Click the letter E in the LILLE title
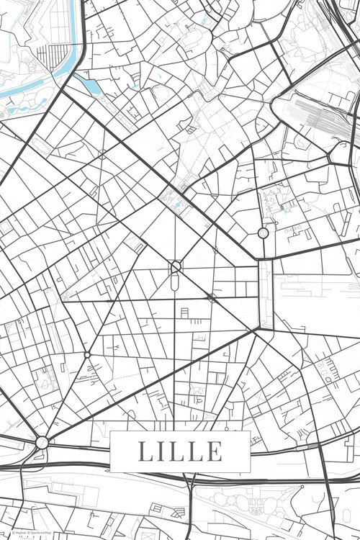214,451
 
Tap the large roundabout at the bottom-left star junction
42,442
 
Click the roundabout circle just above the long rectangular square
263,233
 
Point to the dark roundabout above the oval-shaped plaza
175,267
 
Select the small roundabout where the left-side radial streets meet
87,354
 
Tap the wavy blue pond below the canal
29,109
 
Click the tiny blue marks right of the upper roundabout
287,211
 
